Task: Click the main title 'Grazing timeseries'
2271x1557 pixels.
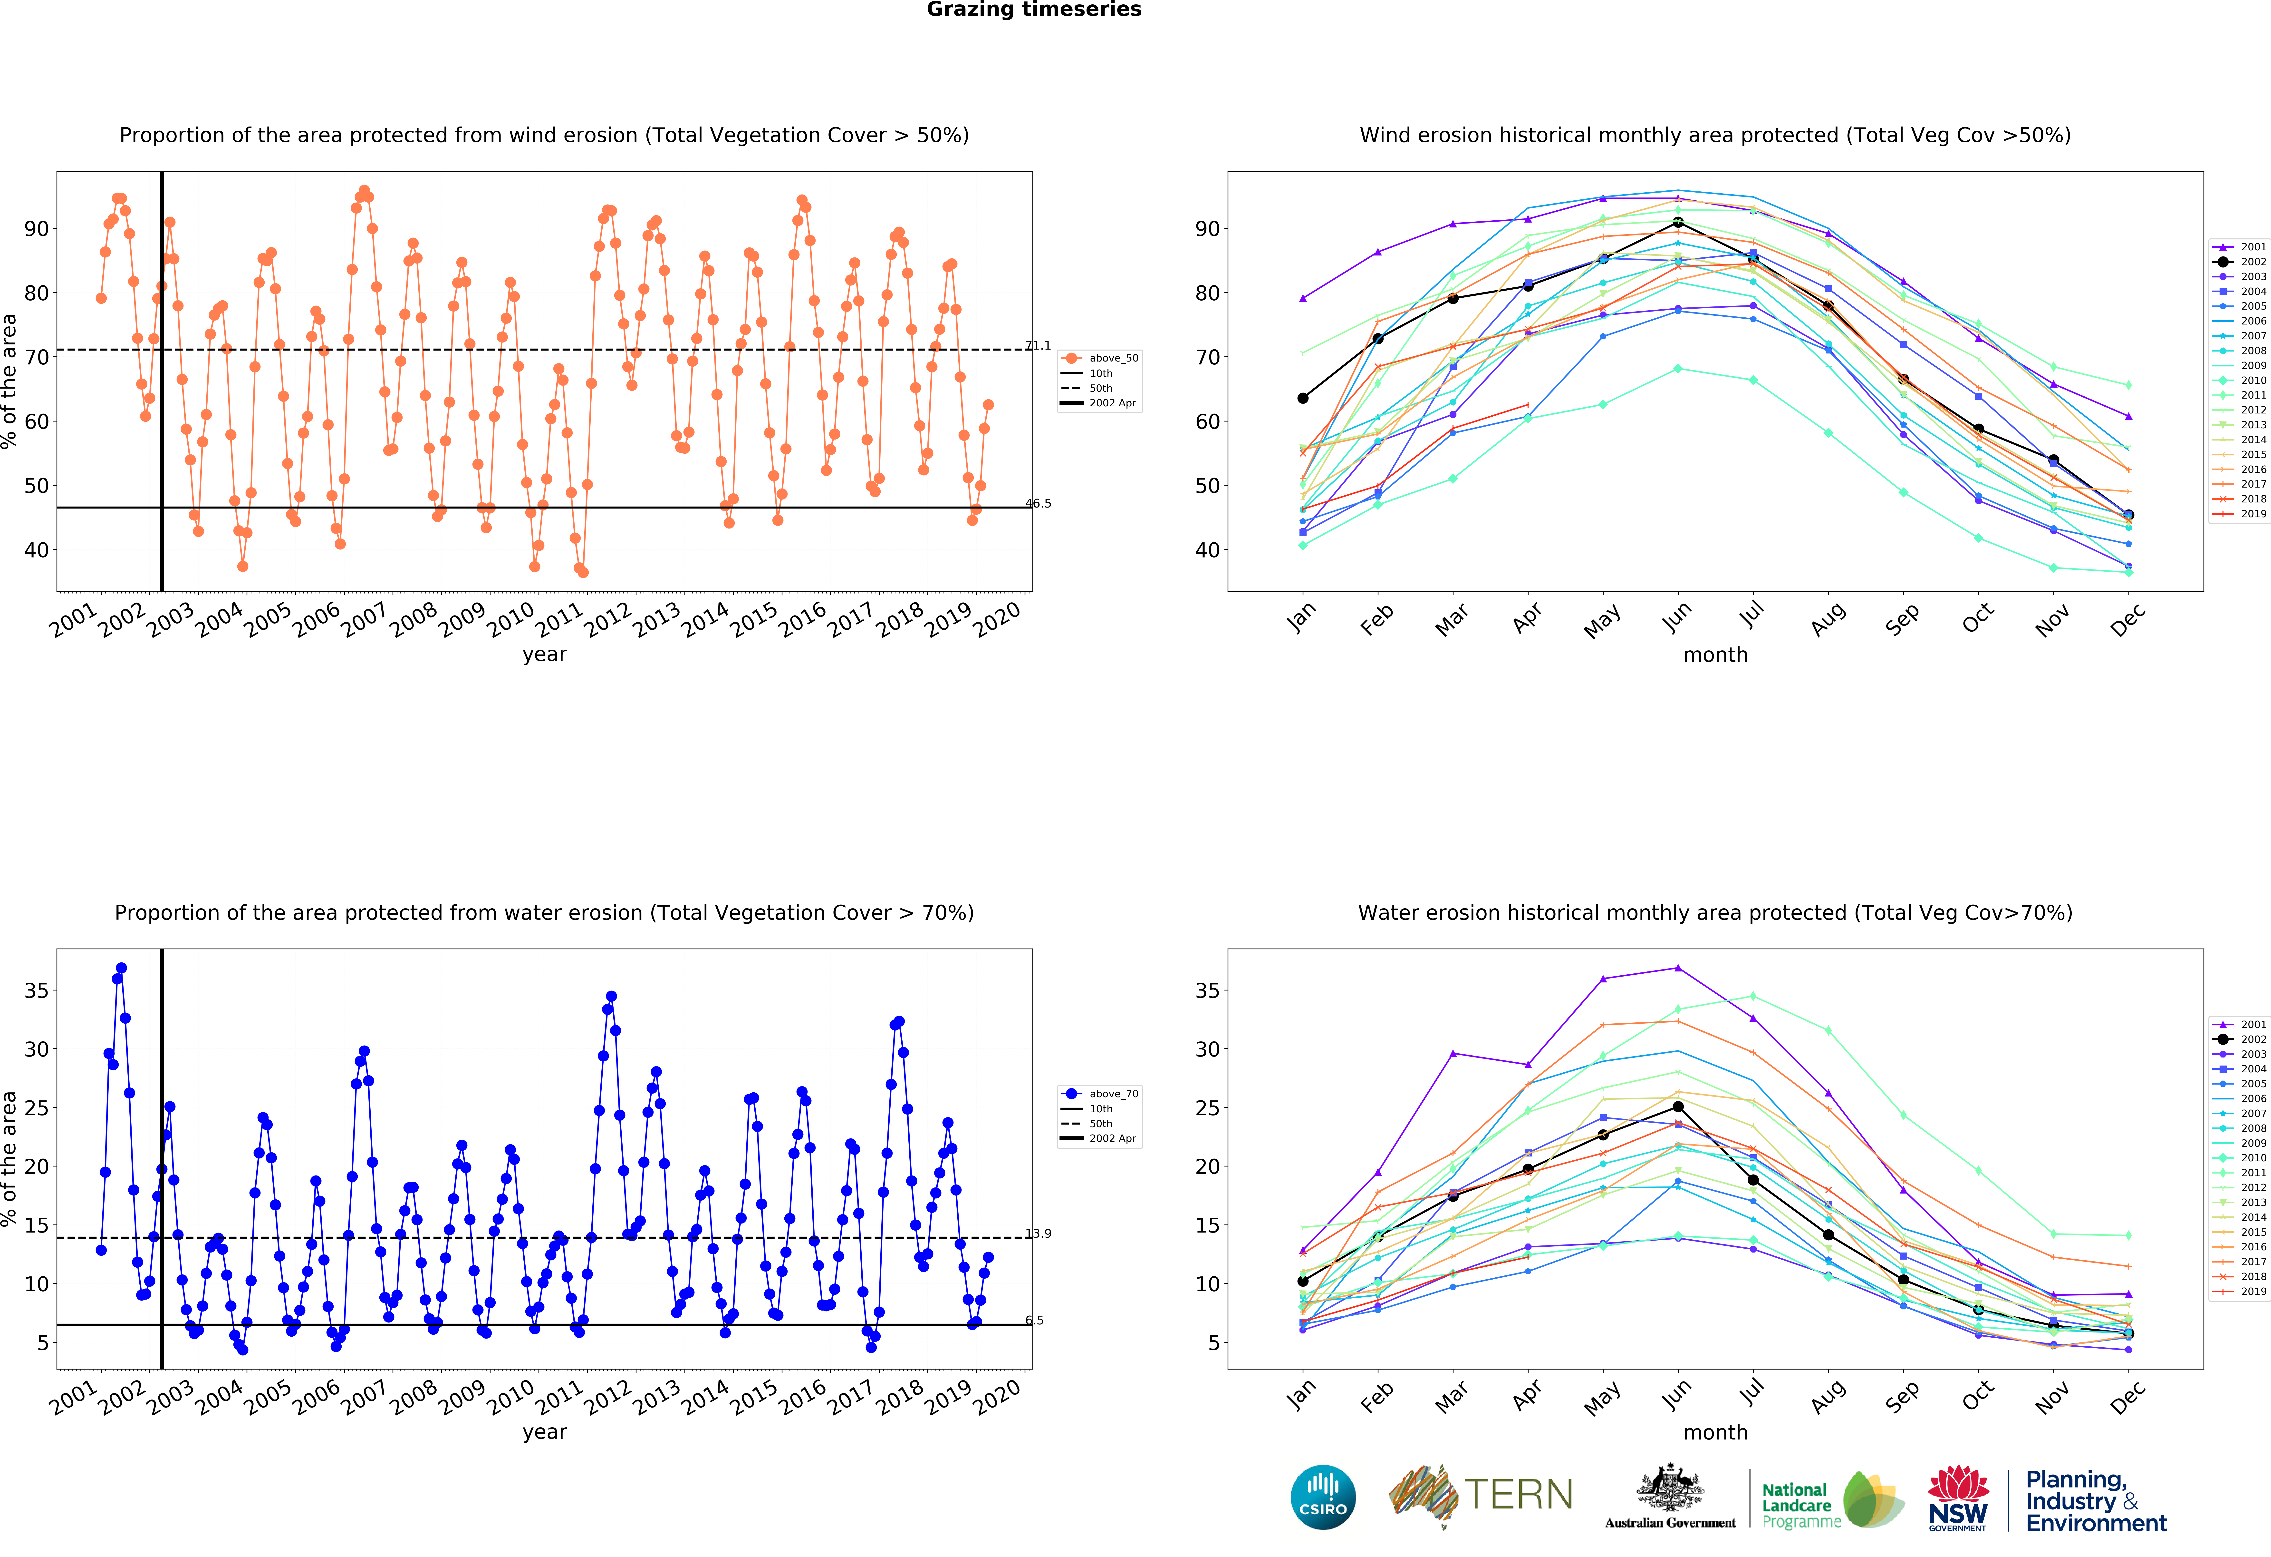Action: (1034, 10)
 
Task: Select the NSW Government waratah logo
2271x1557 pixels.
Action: (1957, 1497)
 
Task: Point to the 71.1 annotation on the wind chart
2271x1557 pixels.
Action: (1038, 346)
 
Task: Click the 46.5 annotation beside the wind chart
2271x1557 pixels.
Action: (1038, 503)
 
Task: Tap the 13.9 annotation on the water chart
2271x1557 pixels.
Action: (1038, 1234)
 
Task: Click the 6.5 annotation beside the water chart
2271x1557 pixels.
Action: (1034, 1321)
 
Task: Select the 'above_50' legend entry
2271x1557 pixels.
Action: (1099, 359)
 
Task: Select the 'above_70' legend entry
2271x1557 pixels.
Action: (1099, 1094)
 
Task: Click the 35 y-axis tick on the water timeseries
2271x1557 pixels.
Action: (36, 990)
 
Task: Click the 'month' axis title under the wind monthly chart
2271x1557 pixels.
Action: (1715, 655)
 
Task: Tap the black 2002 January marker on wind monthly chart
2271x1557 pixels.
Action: (1303, 398)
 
